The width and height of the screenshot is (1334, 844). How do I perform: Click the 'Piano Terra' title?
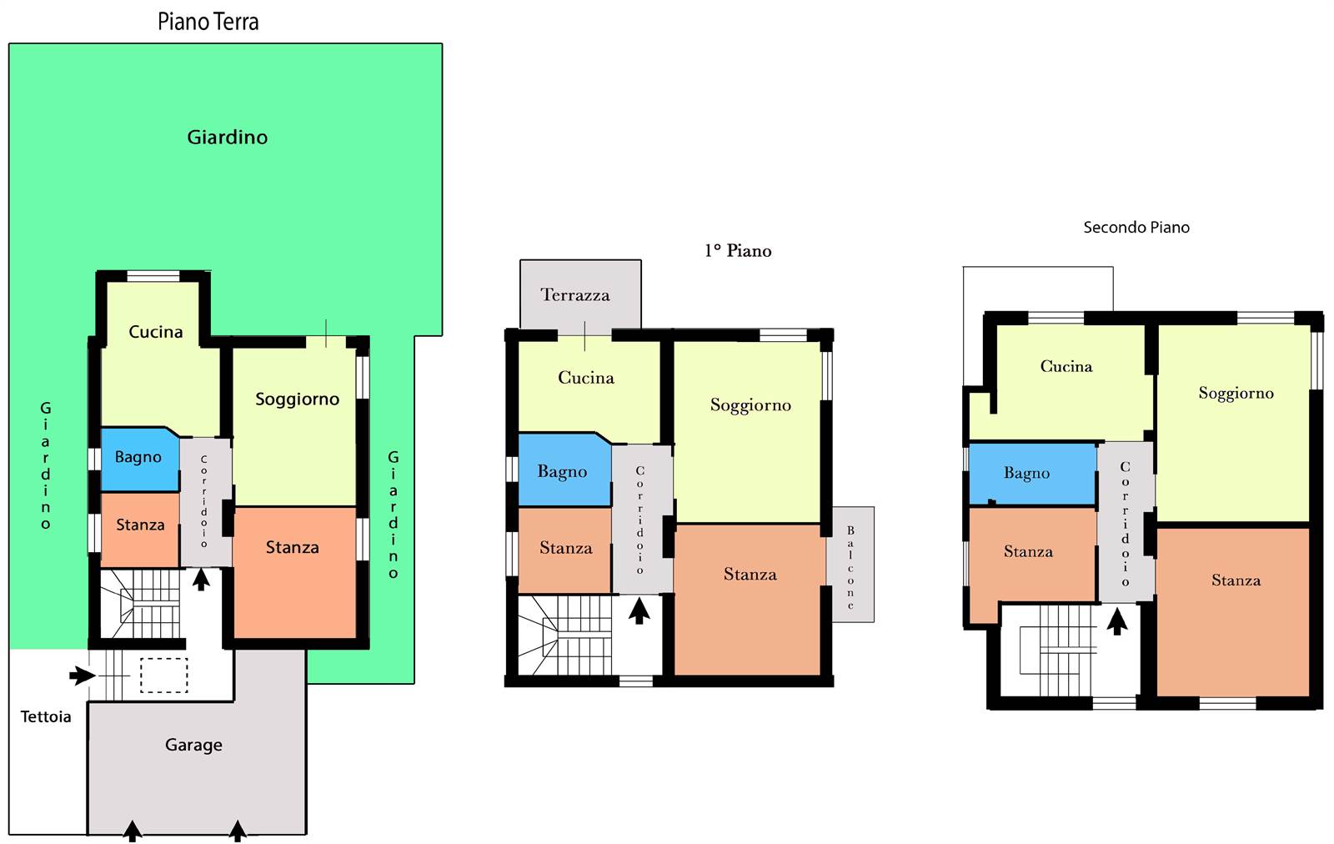click(208, 22)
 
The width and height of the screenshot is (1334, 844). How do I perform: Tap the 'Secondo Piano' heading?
click(1136, 227)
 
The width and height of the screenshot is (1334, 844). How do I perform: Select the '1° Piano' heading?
click(738, 251)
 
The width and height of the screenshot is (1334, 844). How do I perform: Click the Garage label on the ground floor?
click(193, 745)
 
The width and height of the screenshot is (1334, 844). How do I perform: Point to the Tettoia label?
click(46, 716)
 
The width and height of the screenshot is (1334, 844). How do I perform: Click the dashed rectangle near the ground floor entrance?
click(163, 676)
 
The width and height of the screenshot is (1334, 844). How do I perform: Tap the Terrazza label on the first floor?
click(574, 295)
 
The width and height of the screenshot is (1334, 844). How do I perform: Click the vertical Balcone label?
click(850, 568)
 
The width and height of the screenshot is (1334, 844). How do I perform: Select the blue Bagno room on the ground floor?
click(140, 459)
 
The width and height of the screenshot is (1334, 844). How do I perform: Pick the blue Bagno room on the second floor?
click(1032, 474)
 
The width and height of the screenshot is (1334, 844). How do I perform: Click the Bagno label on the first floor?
click(562, 472)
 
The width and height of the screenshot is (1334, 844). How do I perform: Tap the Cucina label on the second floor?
click(1066, 366)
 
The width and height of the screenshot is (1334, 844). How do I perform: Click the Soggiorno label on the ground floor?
click(297, 399)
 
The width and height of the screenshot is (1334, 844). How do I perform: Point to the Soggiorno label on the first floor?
click(750, 405)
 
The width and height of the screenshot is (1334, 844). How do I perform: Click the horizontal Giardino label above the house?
click(227, 138)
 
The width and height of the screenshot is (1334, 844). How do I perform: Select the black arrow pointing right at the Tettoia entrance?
click(83, 676)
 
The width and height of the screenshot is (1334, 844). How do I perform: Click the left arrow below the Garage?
click(133, 831)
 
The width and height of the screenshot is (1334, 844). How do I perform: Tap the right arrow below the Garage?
click(238, 831)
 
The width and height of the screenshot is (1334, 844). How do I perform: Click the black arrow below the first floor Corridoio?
click(639, 611)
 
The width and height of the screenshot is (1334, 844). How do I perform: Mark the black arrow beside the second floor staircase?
click(1117, 621)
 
